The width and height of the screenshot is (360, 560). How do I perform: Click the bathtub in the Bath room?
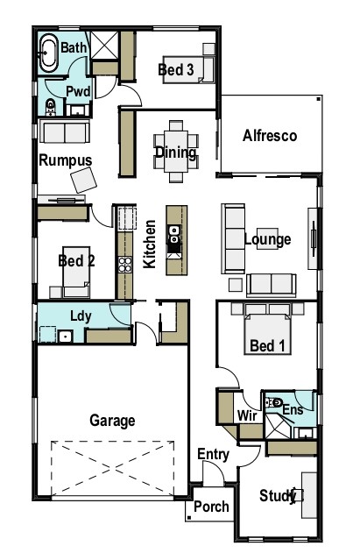(x=48, y=53)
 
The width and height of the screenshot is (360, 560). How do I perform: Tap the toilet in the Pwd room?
(x=51, y=107)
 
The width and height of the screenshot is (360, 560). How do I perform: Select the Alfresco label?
(x=270, y=136)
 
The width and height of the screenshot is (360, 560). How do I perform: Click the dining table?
(x=176, y=152)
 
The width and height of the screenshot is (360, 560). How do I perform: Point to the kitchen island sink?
(x=174, y=234)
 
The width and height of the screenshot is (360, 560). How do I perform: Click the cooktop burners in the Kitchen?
(x=125, y=265)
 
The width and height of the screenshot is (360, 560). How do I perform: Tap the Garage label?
(x=112, y=421)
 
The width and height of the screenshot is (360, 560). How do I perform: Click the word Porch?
(x=211, y=507)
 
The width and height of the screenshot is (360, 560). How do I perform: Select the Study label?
(x=278, y=496)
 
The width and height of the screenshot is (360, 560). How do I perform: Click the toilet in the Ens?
(x=274, y=403)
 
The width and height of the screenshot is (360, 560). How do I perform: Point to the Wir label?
(x=247, y=415)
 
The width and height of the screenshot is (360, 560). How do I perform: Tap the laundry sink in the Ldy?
(x=66, y=336)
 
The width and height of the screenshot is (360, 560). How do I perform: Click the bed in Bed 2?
(x=76, y=272)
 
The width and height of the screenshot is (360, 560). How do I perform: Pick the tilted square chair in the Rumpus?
(x=83, y=180)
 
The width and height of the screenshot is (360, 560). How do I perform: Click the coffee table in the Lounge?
(x=267, y=238)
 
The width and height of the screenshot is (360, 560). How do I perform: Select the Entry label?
(x=213, y=455)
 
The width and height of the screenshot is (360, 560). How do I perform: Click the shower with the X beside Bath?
(x=104, y=45)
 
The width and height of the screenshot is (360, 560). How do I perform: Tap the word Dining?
(x=175, y=152)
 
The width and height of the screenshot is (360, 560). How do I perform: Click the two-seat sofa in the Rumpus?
(x=65, y=131)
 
